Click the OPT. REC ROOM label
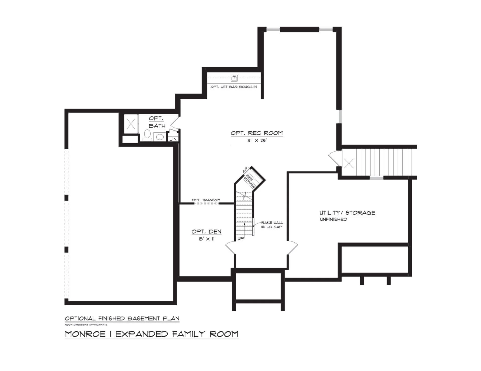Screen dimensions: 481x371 [257, 133]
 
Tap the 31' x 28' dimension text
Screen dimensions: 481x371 [257, 140]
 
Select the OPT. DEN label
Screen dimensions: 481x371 [206, 231]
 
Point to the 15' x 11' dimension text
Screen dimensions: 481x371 [207, 239]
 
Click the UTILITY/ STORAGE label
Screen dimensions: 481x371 [347, 213]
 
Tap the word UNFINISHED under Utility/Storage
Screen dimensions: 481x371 [333, 219]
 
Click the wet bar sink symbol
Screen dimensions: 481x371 [234, 78]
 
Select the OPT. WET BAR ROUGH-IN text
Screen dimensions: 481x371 [233, 87]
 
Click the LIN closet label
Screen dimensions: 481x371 [173, 139]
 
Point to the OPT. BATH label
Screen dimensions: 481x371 [157, 122]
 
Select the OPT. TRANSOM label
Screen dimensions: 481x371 [206, 200]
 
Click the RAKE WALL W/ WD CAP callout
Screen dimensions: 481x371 [272, 225]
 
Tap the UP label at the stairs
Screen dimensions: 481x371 [241, 238]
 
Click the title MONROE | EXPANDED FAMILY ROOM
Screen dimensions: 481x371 [152, 334]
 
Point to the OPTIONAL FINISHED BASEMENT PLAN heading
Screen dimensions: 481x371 [122, 318]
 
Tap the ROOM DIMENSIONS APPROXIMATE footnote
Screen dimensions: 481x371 [86, 325]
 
